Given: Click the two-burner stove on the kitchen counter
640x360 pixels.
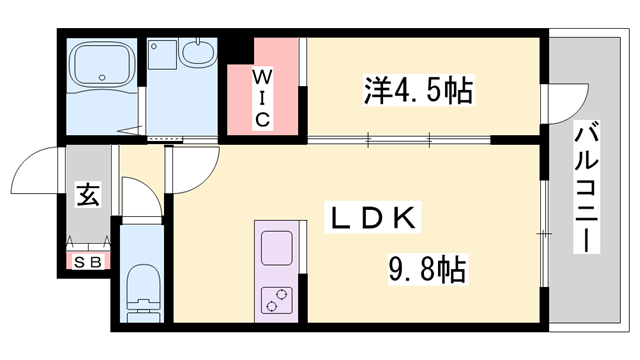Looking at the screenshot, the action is click(x=275, y=296).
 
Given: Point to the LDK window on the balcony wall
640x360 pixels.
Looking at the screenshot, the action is click(x=542, y=233).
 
